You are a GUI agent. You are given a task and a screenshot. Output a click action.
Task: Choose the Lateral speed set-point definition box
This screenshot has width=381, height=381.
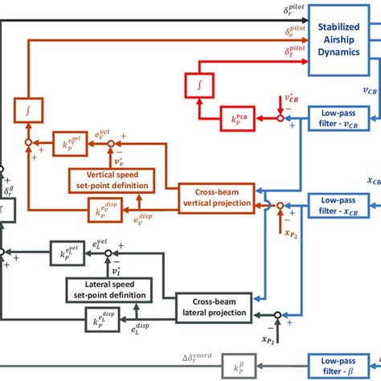coord(106,289)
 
